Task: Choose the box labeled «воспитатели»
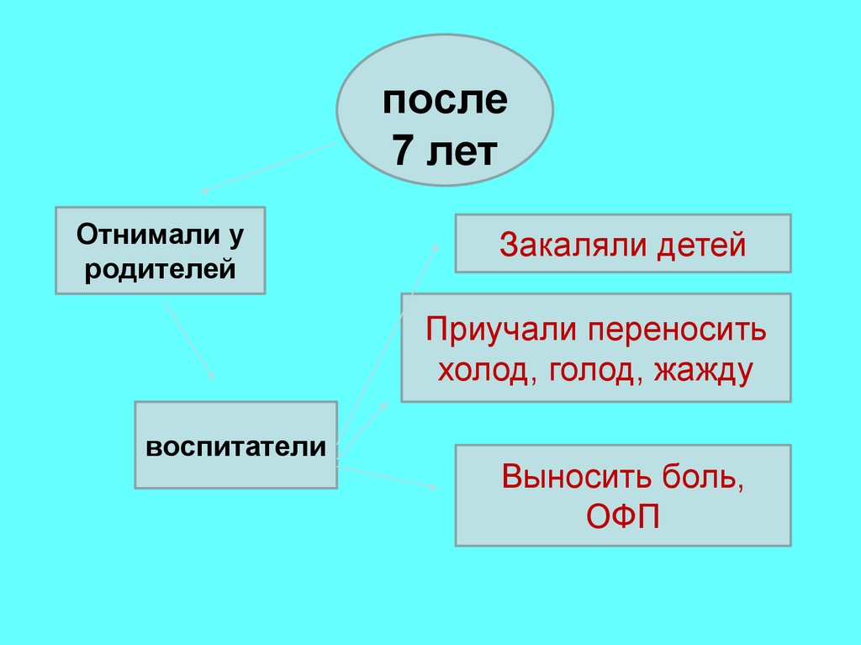pos(236,446)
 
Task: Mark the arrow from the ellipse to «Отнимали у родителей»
pos(269,166)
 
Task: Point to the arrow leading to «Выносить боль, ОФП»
pos(387,476)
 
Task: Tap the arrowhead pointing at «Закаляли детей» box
pos(436,246)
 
